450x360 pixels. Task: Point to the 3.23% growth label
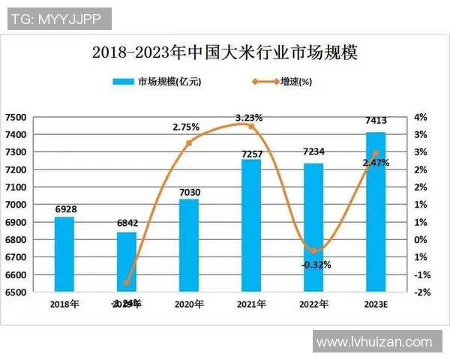tap(249, 118)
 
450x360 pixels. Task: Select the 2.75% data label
tap(186, 127)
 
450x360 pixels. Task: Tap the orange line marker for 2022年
tap(314, 250)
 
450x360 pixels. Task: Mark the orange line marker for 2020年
tap(189, 142)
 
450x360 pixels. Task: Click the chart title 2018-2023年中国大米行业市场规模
tap(224, 53)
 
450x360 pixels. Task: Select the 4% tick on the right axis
tap(420, 117)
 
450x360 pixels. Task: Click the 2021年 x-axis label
tap(251, 304)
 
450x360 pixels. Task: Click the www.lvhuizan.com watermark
tap(374, 342)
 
